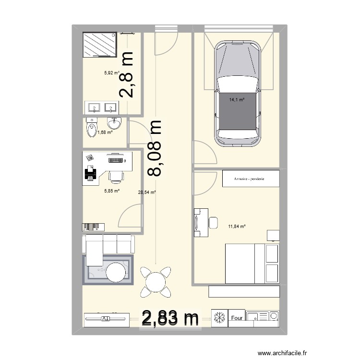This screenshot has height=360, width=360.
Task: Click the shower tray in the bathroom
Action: pyautogui.click(x=99, y=45)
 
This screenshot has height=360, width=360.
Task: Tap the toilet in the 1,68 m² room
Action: pyautogui.click(x=91, y=128)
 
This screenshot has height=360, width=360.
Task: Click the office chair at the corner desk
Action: pyautogui.click(x=116, y=176)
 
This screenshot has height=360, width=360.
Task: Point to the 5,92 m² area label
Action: pyautogui.click(x=111, y=73)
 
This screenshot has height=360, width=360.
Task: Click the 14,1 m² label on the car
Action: pyautogui.click(x=237, y=100)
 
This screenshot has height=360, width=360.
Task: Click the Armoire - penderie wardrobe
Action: pyautogui.click(x=250, y=179)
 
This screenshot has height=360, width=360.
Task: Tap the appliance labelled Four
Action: pyautogui.click(x=237, y=318)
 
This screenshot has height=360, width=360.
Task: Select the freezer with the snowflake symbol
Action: pyautogui.click(x=219, y=318)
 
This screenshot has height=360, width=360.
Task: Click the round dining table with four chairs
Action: pyautogui.click(x=155, y=281)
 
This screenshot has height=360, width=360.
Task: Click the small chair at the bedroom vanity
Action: pyautogui.click(x=214, y=222)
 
